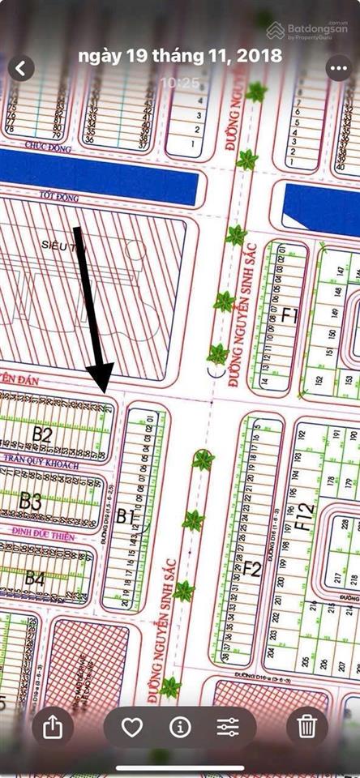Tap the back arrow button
click(21, 68)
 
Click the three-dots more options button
click(339, 68)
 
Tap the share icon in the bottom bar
click(53, 727)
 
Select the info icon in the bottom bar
click(180, 727)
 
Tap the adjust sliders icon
click(228, 727)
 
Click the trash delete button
click(306, 727)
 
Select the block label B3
click(31, 501)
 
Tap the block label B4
click(34, 578)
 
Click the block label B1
click(125, 515)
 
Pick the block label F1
click(289, 315)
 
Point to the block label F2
click(252, 569)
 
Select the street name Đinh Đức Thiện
click(42, 537)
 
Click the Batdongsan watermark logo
click(309, 31)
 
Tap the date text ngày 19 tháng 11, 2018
click(180, 57)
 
